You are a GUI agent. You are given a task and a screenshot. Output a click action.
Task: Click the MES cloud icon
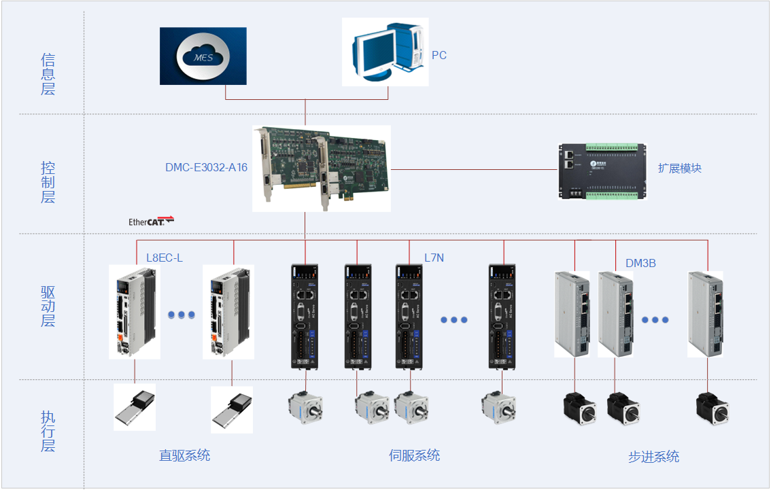coord(203,56)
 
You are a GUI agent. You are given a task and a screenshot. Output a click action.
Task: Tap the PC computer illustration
coord(384,52)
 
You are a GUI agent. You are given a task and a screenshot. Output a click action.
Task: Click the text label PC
coord(439,55)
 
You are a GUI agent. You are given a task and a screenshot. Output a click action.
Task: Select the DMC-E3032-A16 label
coord(206,167)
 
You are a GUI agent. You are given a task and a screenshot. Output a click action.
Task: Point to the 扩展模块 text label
coord(679,168)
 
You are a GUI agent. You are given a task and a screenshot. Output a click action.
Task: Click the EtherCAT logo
coord(151,221)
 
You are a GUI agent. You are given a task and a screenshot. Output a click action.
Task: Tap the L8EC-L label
coord(165,258)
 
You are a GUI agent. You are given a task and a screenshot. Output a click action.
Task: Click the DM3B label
coord(640,263)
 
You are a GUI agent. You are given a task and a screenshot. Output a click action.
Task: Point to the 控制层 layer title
coord(48,182)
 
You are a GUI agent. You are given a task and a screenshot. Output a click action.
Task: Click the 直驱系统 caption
coord(184,455)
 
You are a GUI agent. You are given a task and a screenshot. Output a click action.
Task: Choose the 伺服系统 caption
coord(414,455)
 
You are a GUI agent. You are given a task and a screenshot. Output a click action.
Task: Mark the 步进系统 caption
coord(653,457)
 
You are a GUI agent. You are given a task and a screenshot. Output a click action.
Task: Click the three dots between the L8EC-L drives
coord(182,315)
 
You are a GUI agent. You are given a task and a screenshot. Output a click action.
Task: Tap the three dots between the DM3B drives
coord(655,319)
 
